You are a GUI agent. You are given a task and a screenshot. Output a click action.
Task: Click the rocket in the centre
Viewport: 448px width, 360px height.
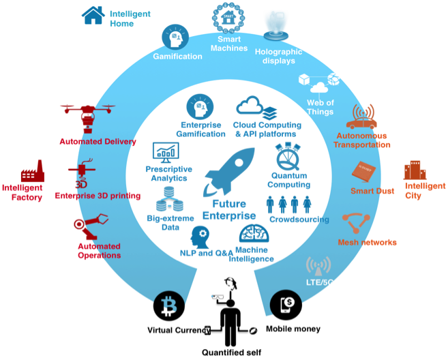click(226, 172)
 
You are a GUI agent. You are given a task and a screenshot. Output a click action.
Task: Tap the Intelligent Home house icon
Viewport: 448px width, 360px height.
click(93, 15)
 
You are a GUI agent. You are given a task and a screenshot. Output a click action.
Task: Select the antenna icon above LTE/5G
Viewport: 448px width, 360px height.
click(318, 265)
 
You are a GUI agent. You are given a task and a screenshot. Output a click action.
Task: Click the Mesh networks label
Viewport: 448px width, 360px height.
click(367, 242)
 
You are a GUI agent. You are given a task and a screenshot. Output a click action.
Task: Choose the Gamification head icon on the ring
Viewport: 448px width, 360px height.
click(175, 37)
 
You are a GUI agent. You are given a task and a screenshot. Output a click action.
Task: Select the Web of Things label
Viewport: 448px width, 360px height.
click(320, 107)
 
